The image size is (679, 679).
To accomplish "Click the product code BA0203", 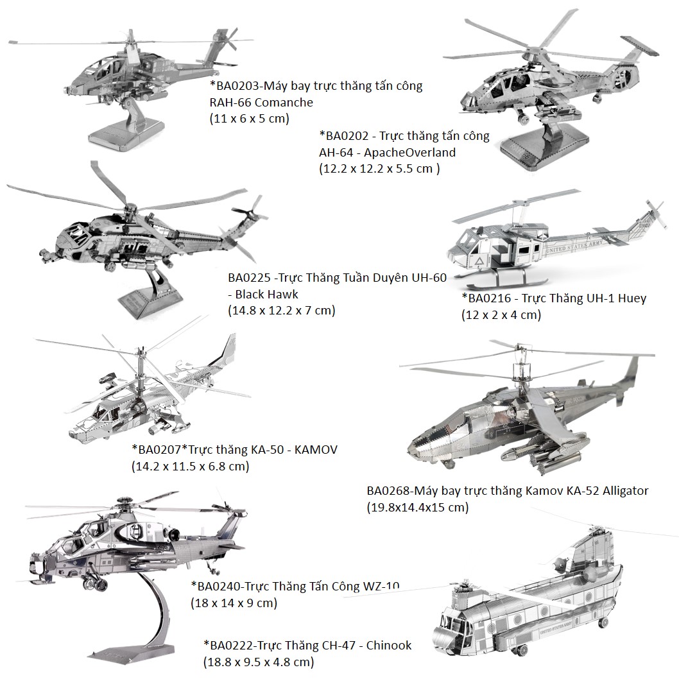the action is pos(237,86).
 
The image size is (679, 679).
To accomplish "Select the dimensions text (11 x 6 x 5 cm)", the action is pos(250,119).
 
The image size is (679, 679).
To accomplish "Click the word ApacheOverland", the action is pos(409,153).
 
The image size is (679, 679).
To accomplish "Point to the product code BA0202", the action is pos(347,136).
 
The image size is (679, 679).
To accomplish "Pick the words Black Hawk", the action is pos(267,295).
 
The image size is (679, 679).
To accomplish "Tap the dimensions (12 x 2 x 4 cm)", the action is pos(501,315).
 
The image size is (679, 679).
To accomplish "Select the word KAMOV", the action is pos(316,449).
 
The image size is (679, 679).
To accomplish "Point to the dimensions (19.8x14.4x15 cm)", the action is pos(417,507).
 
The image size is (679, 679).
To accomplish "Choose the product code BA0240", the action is pos(219,587).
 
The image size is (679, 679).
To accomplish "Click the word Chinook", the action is pos(389,645).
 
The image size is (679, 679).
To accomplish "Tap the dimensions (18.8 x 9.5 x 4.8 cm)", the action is pos(259,662).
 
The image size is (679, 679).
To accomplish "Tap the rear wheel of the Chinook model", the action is pos(603,623).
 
